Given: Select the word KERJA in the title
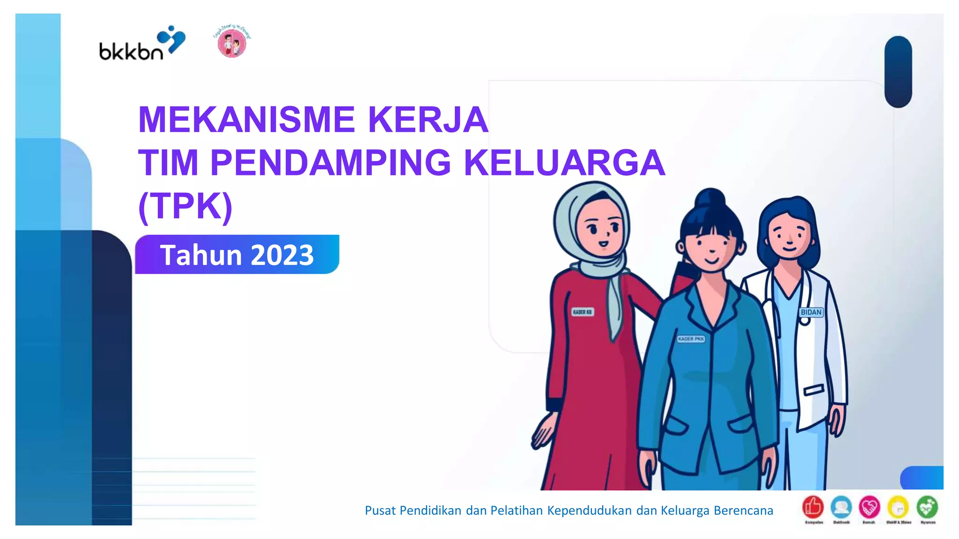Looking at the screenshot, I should (x=428, y=120).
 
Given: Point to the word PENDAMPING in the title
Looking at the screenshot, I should (x=331, y=163).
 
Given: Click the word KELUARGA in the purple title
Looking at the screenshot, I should (x=564, y=163).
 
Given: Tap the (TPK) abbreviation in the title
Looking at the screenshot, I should (x=185, y=206).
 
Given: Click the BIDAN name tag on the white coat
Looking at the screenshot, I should (x=811, y=312).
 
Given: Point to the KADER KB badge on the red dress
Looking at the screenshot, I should (x=582, y=312).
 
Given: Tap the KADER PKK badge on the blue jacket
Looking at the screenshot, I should (x=691, y=339).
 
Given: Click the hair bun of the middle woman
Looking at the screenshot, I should (x=710, y=198).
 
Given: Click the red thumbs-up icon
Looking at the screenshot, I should (x=813, y=507).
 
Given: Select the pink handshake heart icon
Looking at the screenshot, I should (x=869, y=507).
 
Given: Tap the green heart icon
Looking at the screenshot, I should (x=927, y=507).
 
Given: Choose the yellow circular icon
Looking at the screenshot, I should (x=898, y=507).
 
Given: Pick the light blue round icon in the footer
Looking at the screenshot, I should (x=841, y=507).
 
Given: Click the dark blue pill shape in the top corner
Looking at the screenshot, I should (x=898, y=72).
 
